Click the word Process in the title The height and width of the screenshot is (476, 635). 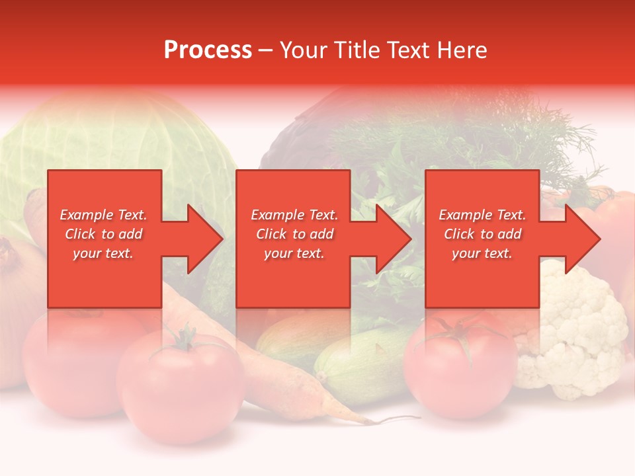pos(208,50)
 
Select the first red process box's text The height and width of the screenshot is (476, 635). pos(104,234)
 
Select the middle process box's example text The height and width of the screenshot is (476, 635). pos(294,234)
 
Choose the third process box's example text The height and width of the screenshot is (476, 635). pos(482,234)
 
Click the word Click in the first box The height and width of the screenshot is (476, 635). pos(81,234)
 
